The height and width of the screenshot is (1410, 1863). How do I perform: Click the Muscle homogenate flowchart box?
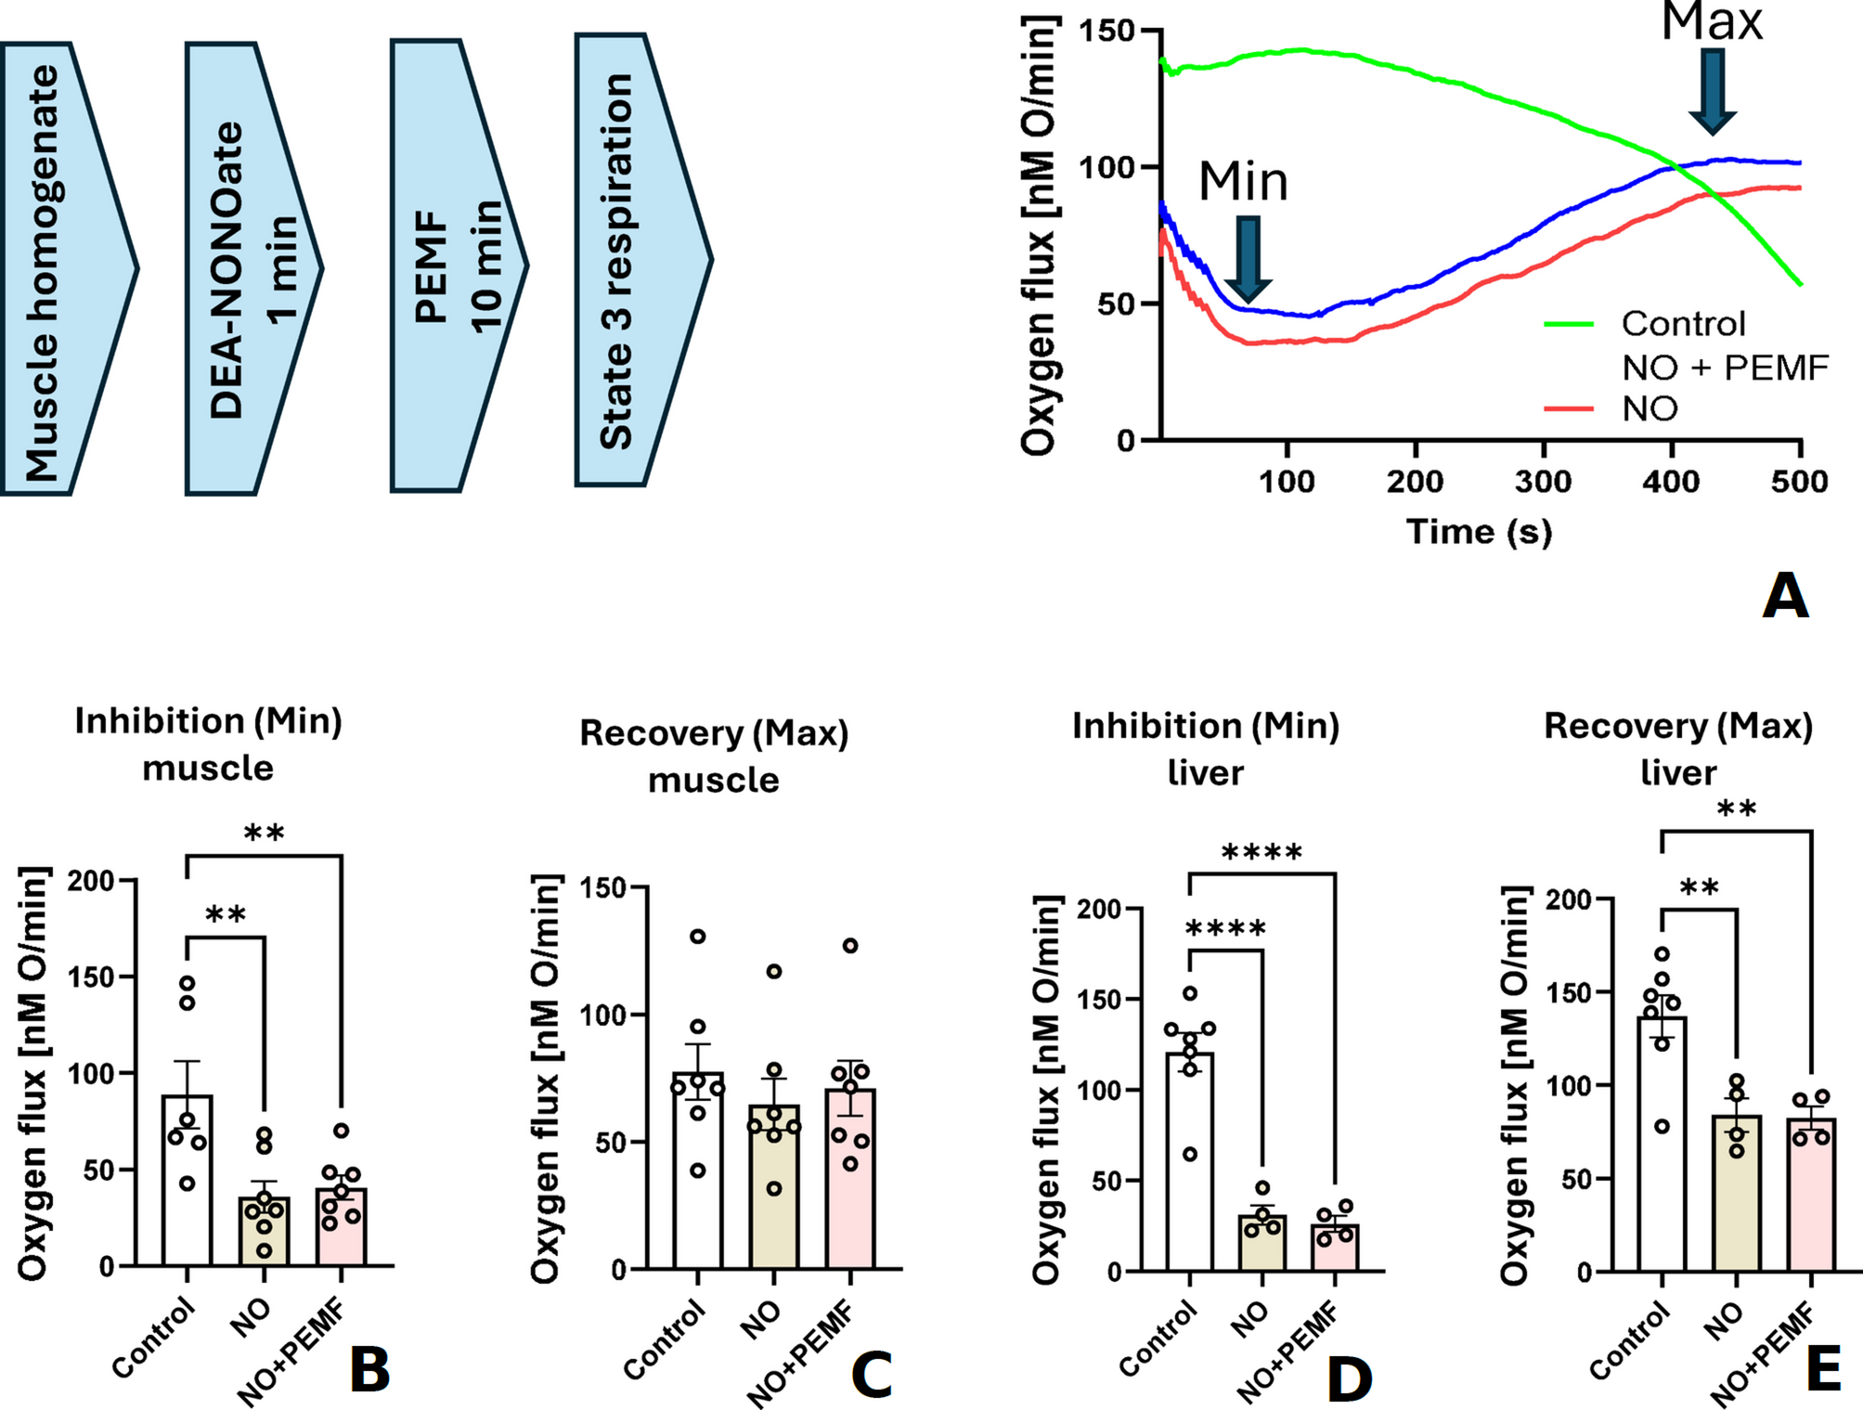point(65,269)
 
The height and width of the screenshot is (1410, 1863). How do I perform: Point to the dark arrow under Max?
point(1712,91)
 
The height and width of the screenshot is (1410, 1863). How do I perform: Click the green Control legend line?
point(1569,325)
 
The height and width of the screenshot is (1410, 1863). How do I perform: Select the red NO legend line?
point(1569,409)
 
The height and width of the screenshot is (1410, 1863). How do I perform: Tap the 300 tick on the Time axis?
point(1543,481)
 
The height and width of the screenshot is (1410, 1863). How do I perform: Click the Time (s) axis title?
point(1479,532)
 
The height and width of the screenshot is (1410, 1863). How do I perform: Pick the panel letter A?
point(1785,596)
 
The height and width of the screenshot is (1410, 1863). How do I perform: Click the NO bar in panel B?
point(265,1231)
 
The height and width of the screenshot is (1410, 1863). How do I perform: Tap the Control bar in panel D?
point(1189,1160)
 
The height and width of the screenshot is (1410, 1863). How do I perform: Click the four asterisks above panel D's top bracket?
point(1261,852)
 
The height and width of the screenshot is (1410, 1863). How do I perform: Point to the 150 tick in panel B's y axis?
point(91,977)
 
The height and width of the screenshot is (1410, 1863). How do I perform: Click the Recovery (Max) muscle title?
point(714,757)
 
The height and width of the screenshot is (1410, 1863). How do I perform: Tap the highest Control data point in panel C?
point(698,936)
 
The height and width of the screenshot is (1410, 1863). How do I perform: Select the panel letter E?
point(1823,1370)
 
